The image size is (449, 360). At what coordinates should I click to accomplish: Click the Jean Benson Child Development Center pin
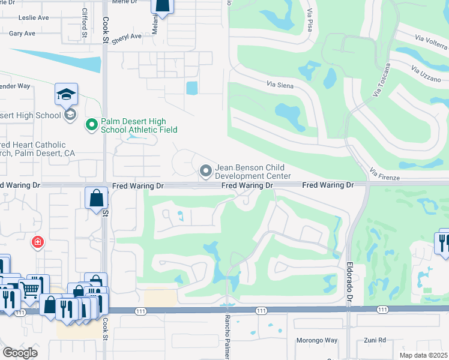[206, 172]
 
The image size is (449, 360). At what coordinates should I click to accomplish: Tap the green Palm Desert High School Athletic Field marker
[92, 125]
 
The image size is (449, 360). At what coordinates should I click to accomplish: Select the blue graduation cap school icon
[66, 94]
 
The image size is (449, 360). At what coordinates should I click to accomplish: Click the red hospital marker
[38, 242]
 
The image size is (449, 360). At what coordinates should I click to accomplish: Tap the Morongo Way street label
[316, 341]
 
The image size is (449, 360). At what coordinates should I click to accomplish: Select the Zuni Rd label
[374, 341]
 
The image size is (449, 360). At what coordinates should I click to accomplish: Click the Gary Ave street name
[22, 34]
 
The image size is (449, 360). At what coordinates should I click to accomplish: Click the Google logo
[20, 353]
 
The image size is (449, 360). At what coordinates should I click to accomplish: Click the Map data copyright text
[424, 355]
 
